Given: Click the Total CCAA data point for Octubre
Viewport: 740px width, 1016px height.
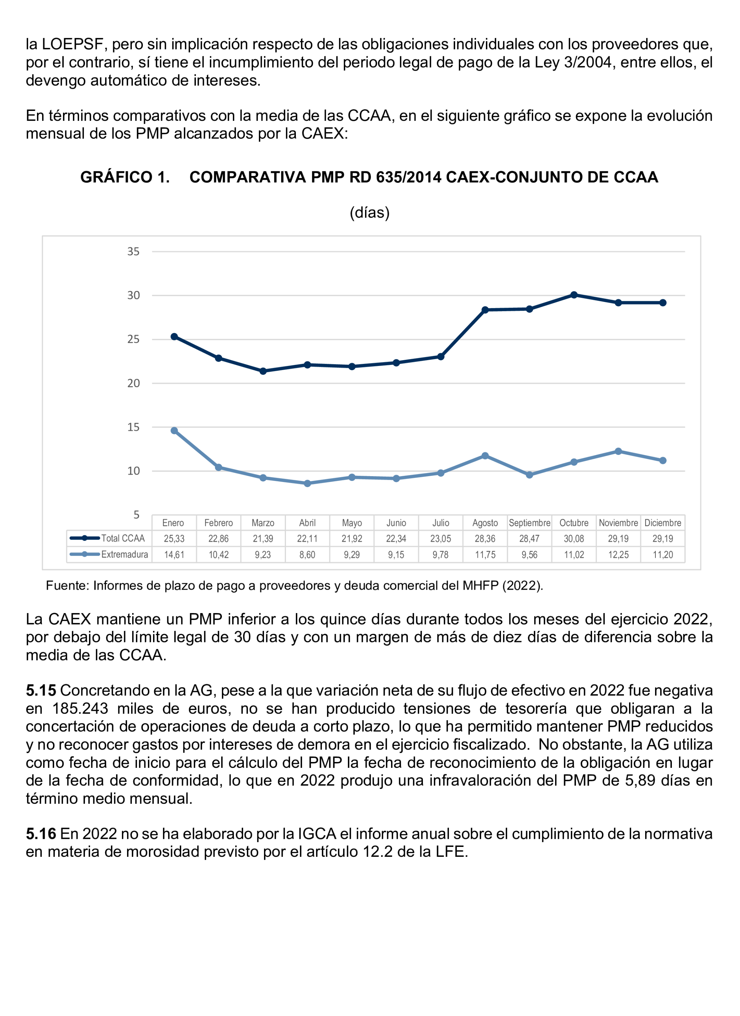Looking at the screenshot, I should (x=574, y=295).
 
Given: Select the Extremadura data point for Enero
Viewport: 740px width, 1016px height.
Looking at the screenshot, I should (x=174, y=430).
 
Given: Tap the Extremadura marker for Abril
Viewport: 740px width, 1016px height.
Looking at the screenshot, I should (x=308, y=483).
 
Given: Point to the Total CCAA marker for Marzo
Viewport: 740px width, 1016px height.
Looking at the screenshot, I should (x=263, y=371).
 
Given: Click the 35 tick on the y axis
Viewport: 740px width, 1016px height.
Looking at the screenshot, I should (x=134, y=252).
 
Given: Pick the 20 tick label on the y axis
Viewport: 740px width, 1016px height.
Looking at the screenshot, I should (x=134, y=384).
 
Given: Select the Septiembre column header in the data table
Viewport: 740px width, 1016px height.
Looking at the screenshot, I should (x=529, y=523).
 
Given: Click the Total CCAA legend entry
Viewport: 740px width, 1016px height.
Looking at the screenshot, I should (x=109, y=538).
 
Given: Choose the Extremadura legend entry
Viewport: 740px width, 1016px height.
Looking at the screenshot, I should (x=109, y=554).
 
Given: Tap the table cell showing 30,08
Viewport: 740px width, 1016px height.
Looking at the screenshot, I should (x=574, y=538).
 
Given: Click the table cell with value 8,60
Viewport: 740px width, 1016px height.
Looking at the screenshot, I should (x=308, y=554).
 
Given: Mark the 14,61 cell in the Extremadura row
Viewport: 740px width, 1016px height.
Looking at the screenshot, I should (x=174, y=554).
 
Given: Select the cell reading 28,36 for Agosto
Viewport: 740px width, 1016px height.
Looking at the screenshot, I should (x=485, y=538).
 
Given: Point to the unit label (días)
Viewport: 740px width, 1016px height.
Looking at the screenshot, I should (x=370, y=212).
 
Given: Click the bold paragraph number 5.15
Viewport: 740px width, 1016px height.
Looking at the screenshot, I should (x=41, y=691).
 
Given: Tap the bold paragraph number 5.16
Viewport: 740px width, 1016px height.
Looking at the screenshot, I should (x=41, y=834).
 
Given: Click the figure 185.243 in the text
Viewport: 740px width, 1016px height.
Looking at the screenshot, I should (x=80, y=709).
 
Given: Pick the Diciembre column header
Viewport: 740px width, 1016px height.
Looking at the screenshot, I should (x=662, y=523).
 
